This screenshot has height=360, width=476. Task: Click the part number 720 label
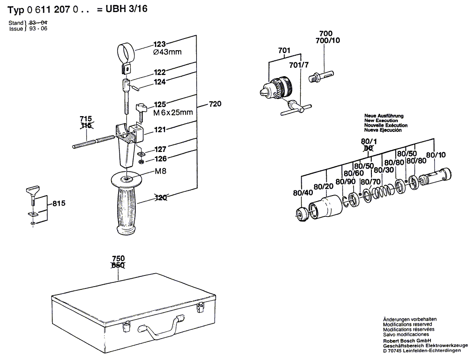(x=215, y=104)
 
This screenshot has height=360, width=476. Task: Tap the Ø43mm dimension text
(x=167, y=52)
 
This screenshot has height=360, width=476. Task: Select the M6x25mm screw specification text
(x=173, y=112)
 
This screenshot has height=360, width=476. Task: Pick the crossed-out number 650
(x=118, y=265)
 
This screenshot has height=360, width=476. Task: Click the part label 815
(x=59, y=203)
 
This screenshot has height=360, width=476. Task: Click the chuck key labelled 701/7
(x=296, y=108)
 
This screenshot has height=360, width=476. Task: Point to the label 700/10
(x=328, y=40)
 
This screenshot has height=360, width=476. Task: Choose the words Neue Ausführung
(x=384, y=116)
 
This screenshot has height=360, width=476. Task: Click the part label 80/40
(x=303, y=193)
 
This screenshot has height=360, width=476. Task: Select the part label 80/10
(x=436, y=155)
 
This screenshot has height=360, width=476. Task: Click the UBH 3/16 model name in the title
(x=126, y=9)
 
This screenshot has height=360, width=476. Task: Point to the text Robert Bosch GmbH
(x=407, y=340)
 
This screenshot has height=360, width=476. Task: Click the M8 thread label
(x=160, y=171)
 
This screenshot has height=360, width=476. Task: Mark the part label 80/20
(x=324, y=186)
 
